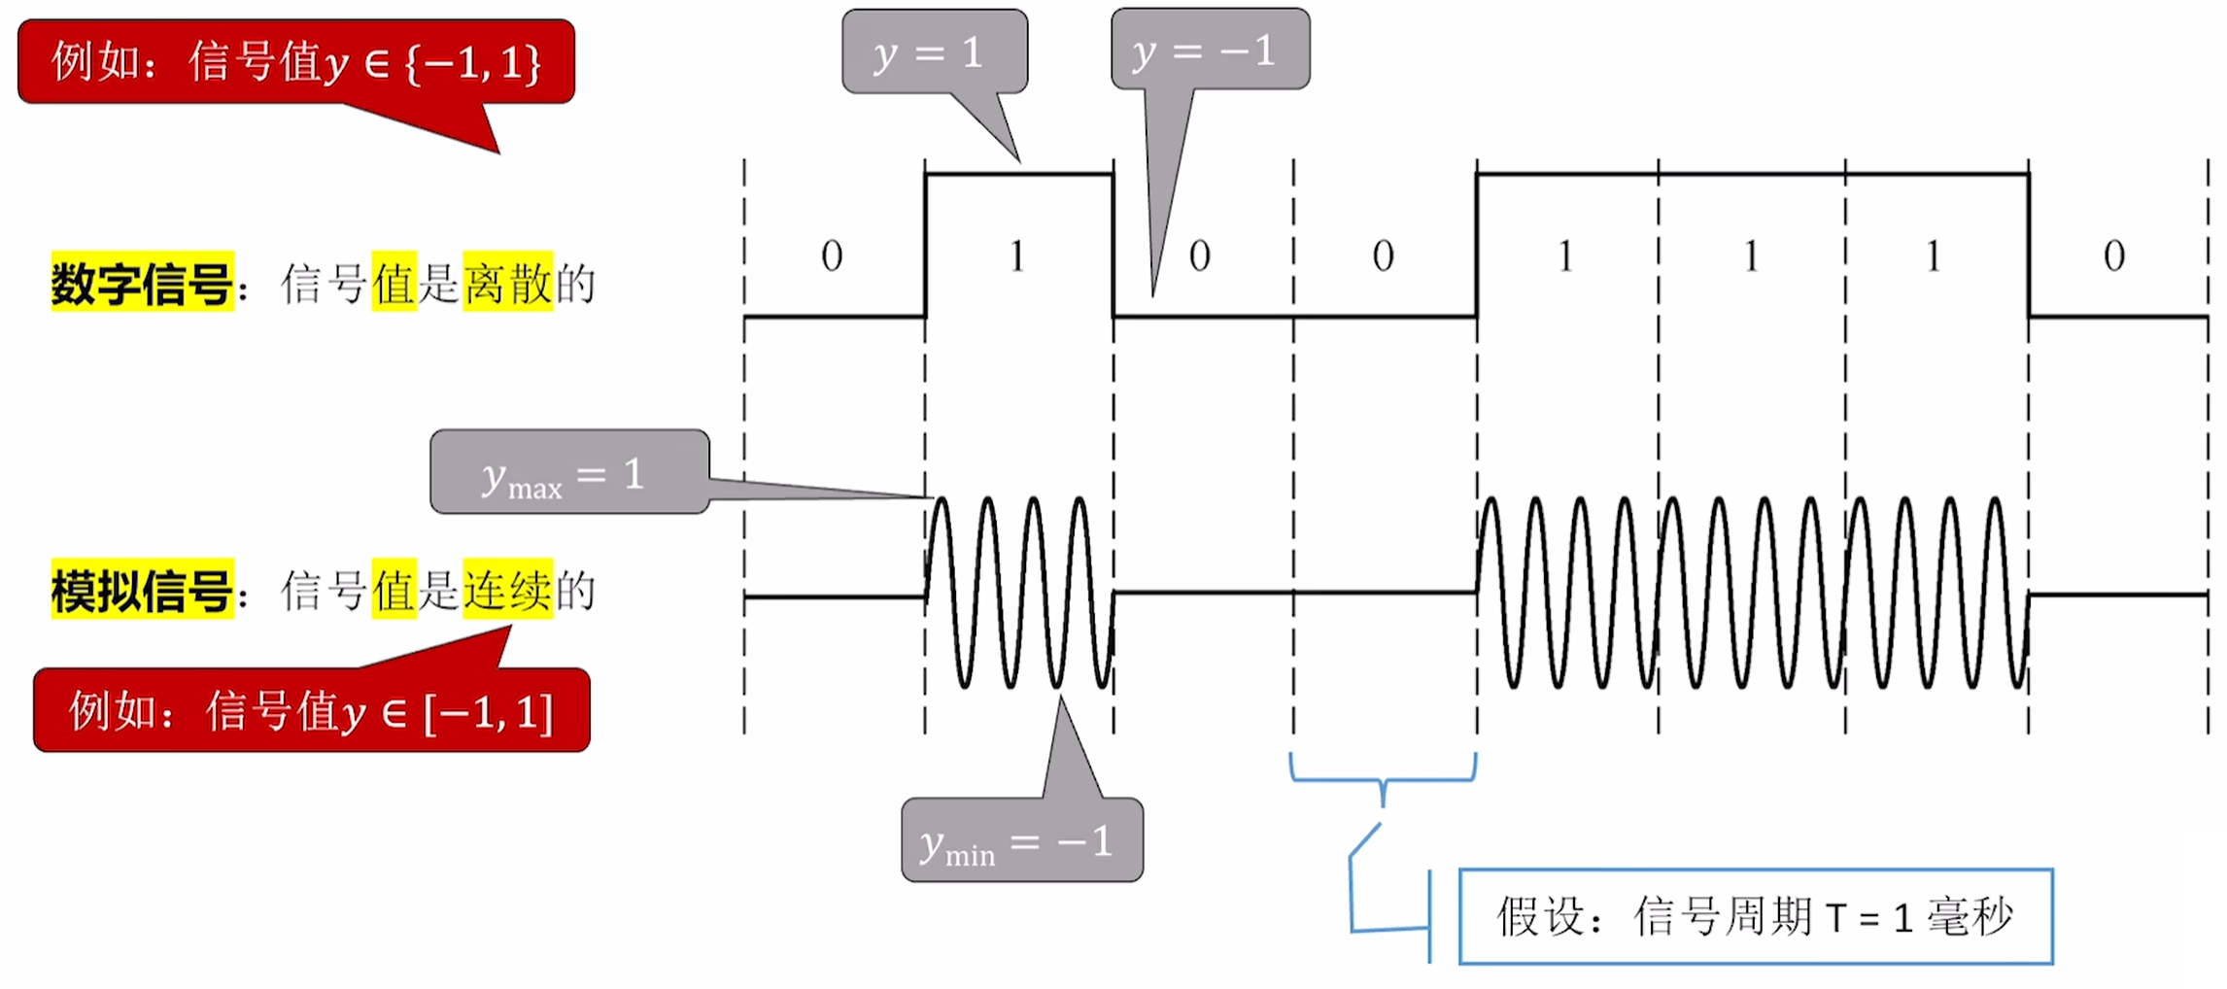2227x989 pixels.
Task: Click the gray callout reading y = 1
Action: pyautogui.click(x=934, y=52)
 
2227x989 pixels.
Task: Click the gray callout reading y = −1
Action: pyautogui.click(x=1210, y=50)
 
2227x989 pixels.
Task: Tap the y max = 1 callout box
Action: pyautogui.click(x=569, y=472)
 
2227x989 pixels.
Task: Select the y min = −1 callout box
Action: pyautogui.click(x=1022, y=839)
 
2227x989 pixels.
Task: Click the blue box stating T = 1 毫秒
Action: pyautogui.click(x=1756, y=916)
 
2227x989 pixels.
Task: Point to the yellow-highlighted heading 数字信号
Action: pyautogui.click(x=142, y=283)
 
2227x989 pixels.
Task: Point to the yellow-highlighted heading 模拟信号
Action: pyautogui.click(x=142, y=590)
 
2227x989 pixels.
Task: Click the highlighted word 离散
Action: pyautogui.click(x=508, y=283)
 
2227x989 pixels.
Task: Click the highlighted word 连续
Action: pyautogui.click(x=508, y=590)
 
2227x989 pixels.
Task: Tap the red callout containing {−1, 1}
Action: pyautogui.click(x=296, y=62)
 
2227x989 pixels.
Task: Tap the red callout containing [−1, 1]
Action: pyautogui.click(x=311, y=710)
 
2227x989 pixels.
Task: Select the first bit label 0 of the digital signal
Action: pyautogui.click(x=832, y=256)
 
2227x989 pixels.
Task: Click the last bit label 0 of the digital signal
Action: pyautogui.click(x=2114, y=256)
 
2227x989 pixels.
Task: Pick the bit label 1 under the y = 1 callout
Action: pyautogui.click(x=1016, y=256)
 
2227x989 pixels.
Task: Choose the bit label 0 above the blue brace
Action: pyautogui.click(x=1383, y=256)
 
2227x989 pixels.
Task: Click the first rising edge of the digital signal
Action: pyautogui.click(x=925, y=245)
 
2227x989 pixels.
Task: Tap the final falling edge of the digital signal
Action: pyautogui.click(x=2029, y=245)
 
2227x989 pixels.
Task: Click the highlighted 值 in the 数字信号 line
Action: pyautogui.click(x=394, y=283)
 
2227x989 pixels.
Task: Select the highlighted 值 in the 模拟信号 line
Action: pyautogui.click(x=394, y=590)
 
